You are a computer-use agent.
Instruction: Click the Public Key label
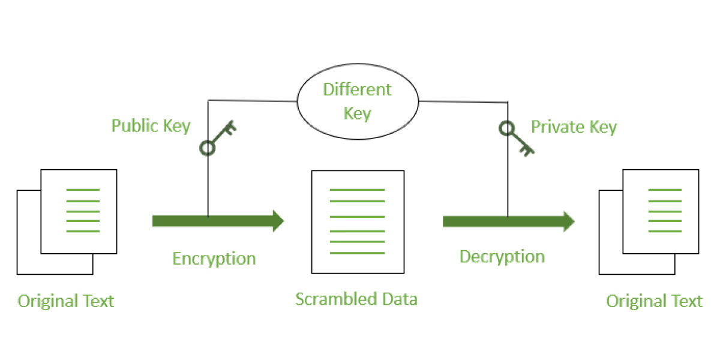coord(151,126)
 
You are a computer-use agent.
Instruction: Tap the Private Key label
coord(574,127)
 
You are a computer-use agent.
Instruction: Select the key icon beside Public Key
coord(218,137)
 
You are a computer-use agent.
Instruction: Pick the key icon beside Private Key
coord(517,137)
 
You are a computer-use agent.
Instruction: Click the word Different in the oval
coord(357,90)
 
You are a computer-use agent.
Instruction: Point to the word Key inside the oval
coord(358,113)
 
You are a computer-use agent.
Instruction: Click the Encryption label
coord(214,259)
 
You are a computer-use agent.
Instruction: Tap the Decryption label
coord(502,257)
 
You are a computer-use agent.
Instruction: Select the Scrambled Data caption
coord(356,299)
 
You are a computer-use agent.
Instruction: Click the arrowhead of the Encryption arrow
coord(278,221)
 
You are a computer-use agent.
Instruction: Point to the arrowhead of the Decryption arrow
coord(568,221)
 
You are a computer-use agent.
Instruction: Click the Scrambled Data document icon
coord(358,221)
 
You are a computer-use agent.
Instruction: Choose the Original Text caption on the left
coord(66,301)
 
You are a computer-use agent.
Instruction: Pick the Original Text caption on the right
coord(654,301)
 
